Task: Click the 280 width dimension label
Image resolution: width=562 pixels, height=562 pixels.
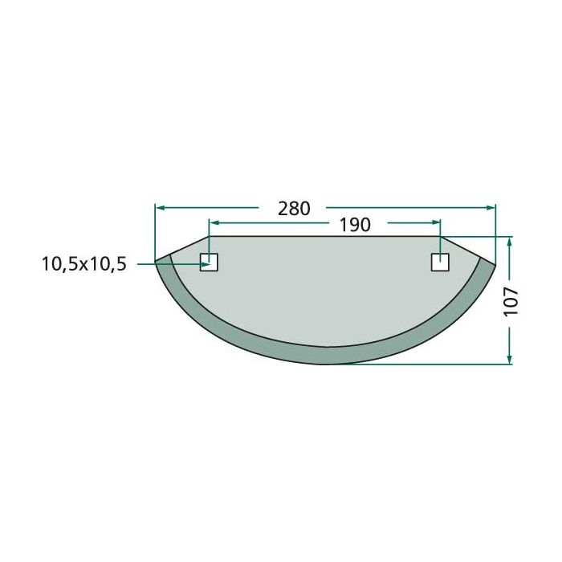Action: pos(294,208)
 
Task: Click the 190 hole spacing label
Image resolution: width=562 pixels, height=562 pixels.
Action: pos(355,226)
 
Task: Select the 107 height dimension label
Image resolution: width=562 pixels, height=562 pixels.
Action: pos(511,299)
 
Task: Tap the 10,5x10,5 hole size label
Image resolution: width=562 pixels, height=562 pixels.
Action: pos(84,263)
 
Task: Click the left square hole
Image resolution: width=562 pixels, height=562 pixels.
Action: pos(209,263)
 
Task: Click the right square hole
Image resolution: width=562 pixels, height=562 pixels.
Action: pos(440,263)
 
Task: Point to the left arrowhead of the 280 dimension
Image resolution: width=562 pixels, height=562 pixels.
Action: pos(160,208)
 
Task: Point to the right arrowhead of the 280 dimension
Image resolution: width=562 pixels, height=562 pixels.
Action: pos(491,208)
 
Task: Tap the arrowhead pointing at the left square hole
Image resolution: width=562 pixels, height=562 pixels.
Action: pos(206,263)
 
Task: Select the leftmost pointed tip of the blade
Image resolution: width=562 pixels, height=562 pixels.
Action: pos(156,262)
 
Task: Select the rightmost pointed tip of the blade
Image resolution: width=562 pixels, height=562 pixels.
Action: pos(495,265)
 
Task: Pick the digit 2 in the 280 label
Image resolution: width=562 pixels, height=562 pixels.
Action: pos(283,208)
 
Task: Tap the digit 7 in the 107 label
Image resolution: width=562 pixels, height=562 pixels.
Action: pos(511,289)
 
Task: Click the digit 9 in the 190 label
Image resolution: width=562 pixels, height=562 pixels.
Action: pos(355,226)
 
